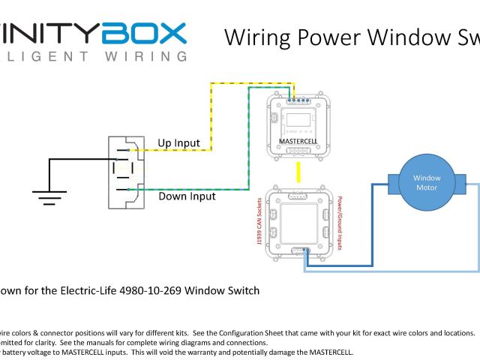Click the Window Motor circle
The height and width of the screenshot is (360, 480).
[x=427, y=182]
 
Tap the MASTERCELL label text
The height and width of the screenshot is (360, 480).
[x=299, y=141]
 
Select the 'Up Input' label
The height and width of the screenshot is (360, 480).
[x=178, y=142]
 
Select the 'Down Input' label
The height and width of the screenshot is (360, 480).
[x=187, y=196]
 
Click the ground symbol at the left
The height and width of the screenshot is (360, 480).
[x=49, y=199]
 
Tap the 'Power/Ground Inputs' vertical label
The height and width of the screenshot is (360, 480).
[x=340, y=221]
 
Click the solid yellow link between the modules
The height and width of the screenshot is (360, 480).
[x=298, y=172]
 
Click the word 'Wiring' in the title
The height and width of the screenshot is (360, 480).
[x=259, y=38]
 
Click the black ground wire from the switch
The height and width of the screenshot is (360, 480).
[x=75, y=159]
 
